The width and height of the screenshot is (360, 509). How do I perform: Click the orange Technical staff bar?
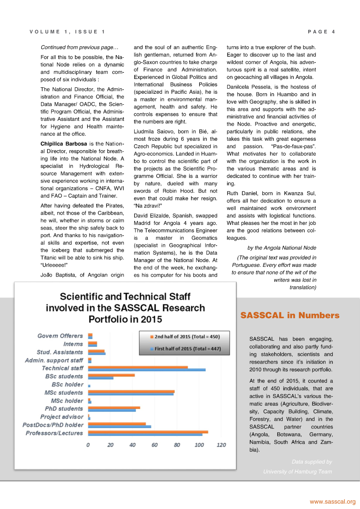(138, 367)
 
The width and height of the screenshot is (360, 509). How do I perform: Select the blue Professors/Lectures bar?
(145, 434)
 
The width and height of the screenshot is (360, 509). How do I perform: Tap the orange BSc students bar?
(111, 375)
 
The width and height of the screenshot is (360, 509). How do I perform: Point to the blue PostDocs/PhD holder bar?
(119, 426)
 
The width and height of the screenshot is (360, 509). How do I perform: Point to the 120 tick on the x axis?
(221, 445)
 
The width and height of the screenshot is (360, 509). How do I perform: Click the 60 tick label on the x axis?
(155, 445)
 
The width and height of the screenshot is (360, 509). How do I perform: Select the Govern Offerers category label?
(60, 336)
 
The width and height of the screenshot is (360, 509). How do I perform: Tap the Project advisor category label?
(62, 417)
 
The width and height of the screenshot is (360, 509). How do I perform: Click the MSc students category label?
(64, 393)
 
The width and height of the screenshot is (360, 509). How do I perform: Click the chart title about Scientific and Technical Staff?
(125, 308)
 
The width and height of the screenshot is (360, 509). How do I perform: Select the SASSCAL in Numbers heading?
(290, 316)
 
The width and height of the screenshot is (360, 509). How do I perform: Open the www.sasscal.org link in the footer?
(332, 502)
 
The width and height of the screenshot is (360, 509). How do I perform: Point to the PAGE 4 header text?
(321, 32)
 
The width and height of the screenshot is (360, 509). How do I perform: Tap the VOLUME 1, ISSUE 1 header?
(67, 32)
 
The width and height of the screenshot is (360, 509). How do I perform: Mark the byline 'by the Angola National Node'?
(281, 248)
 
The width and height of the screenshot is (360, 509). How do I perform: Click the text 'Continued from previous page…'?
(79, 48)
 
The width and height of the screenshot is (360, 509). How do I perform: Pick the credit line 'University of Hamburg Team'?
(297, 472)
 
